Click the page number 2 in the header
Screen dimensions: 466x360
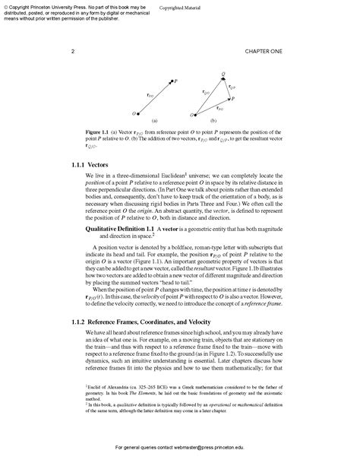tap(72, 51)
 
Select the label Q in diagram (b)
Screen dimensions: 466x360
tap(223, 74)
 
